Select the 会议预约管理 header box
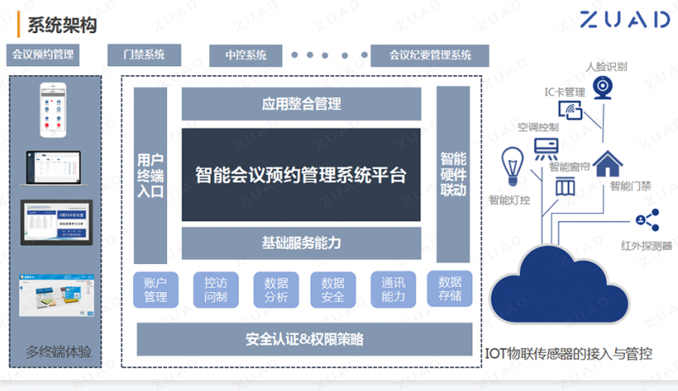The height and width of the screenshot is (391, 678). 41,56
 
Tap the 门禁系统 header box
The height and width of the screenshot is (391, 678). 144,56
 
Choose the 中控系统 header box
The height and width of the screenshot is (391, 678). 247,56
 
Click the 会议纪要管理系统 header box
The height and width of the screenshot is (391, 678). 431,56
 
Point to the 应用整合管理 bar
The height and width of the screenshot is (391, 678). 301,103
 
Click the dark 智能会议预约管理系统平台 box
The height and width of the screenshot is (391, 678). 301,175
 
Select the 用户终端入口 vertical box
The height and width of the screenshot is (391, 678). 151,174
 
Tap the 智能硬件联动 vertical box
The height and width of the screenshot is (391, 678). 453,174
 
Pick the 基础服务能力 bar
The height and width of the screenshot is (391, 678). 301,244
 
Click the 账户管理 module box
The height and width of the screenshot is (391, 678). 156,289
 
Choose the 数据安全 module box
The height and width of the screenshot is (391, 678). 333,289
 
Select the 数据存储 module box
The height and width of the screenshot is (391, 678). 449,289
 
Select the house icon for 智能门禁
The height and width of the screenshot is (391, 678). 607,162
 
